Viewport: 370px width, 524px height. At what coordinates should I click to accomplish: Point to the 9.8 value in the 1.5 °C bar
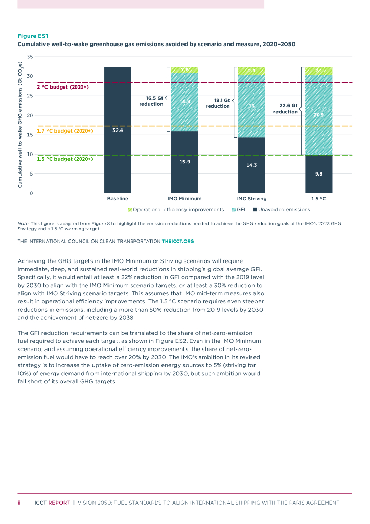click(318, 174)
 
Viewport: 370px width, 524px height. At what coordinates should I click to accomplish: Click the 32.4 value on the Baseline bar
click(118, 130)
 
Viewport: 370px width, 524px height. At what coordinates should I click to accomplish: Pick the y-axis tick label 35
click(30, 57)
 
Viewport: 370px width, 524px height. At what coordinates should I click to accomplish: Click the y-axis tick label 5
click(31, 174)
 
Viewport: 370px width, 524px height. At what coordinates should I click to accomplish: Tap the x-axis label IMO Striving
click(251, 198)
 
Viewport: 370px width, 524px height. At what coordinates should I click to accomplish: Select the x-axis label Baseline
click(118, 198)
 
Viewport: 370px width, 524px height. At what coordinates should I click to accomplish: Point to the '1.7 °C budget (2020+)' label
click(65, 131)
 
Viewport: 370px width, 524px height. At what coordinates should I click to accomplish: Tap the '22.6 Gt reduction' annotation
click(288, 108)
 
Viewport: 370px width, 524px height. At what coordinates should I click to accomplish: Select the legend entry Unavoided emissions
click(284, 210)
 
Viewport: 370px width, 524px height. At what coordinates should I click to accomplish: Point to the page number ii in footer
click(19, 503)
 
